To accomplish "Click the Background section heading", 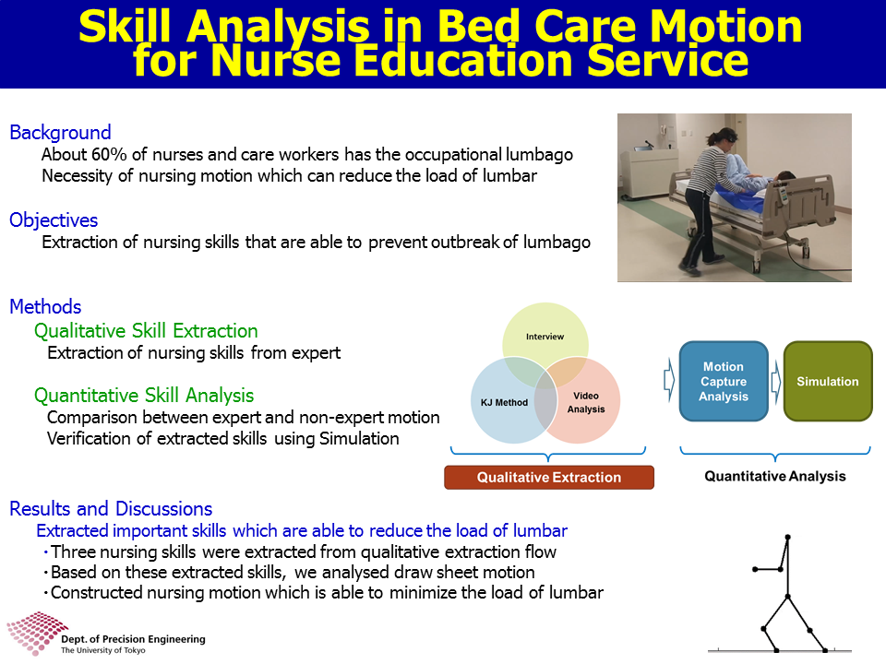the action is tap(61, 133).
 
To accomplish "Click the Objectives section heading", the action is tap(54, 220).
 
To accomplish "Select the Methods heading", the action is tap(46, 306).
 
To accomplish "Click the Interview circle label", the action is tap(545, 337).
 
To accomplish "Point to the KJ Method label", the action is tap(504, 403).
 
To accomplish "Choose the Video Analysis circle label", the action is tap(586, 403).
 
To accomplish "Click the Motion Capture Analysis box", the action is tap(724, 381).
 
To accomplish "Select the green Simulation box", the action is tap(828, 381).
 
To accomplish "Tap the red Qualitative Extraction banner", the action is tap(549, 477).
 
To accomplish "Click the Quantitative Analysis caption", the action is tap(774, 477).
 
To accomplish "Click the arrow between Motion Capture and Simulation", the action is tap(776, 381).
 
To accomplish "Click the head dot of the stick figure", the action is tap(787, 537).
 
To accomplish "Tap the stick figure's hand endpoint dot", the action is tap(755, 569).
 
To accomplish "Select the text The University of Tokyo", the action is tap(102, 650).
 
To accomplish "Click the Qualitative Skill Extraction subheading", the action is tap(146, 331).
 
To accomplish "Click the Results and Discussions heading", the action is tap(111, 509).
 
